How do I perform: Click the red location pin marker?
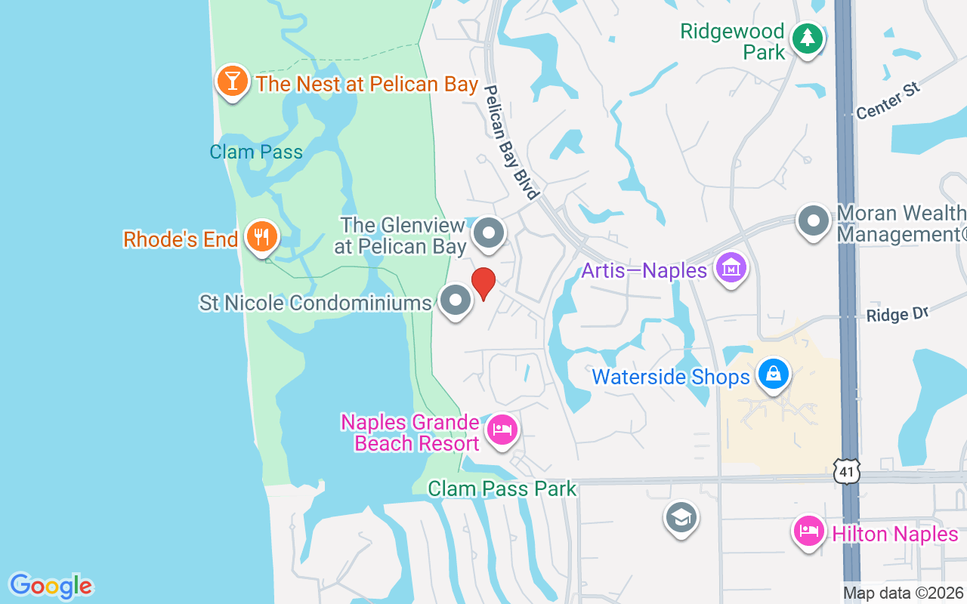[483, 283]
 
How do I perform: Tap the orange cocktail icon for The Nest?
[233, 80]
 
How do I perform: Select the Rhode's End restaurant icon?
[261, 237]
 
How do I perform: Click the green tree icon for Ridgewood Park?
[807, 38]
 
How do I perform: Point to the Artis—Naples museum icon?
[731, 268]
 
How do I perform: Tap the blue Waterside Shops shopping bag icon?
[774, 374]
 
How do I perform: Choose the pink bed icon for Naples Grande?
[502, 430]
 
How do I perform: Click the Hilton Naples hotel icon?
[809, 531]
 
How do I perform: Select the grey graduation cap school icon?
[681, 518]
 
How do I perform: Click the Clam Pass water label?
[256, 152]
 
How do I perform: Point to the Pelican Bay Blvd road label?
[511, 141]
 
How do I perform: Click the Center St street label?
[888, 100]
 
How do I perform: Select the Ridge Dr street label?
[897, 314]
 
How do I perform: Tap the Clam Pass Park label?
[502, 488]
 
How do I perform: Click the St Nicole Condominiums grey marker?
[456, 300]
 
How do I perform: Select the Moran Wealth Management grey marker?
[814, 221]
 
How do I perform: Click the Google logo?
[51, 586]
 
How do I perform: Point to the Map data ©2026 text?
[903, 593]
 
